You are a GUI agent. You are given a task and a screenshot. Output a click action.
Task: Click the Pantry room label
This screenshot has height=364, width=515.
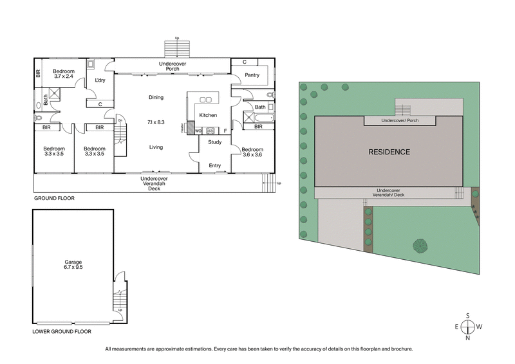coord(252,75)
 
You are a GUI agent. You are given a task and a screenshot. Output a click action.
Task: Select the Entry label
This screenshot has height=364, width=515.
coord(214,166)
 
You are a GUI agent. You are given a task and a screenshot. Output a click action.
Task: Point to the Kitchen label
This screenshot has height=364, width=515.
coord(208,115)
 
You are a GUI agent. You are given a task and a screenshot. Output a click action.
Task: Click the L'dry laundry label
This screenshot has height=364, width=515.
coord(100,80)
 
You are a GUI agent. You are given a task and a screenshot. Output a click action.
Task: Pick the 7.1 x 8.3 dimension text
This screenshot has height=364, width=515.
coord(156,122)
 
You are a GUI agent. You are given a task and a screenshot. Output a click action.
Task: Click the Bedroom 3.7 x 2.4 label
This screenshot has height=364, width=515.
coord(64,74)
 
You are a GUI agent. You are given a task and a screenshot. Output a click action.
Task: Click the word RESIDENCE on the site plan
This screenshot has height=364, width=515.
coord(388,152)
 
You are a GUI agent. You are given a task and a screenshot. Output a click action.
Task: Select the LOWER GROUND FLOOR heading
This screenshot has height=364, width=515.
coord(62,332)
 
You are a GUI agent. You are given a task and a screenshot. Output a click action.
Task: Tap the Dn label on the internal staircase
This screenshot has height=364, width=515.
coord(120,120)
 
